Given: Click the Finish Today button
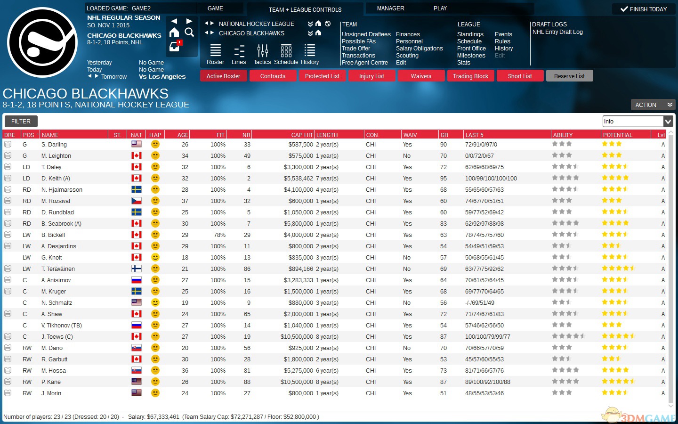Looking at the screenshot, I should point(644,9).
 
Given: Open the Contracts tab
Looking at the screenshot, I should point(273,76).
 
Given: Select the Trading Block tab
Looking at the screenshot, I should point(470,76).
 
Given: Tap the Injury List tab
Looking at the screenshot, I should point(371,76).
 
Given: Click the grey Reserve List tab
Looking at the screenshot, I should point(569,76).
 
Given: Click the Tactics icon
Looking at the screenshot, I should point(262,54).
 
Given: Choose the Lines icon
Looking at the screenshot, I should point(239,54).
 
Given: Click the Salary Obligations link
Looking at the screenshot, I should point(419,49).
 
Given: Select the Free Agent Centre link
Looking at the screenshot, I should point(364,63).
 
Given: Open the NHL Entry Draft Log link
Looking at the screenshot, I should point(557,32).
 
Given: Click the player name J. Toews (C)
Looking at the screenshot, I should point(57,337).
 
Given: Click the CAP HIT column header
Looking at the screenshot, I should point(302,135).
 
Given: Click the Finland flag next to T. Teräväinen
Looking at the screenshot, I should point(137,269).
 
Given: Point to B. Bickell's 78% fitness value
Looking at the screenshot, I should point(219,235).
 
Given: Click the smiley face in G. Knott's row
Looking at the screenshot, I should point(155,257).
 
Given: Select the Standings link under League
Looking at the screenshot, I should point(470,34).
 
